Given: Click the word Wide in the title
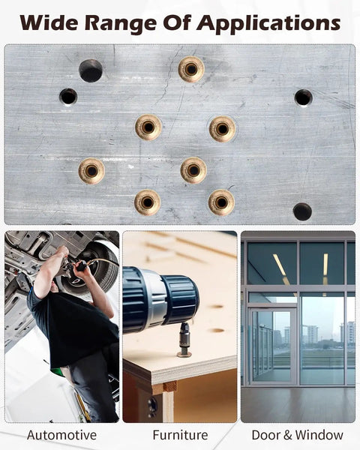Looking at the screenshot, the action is pos(48,22).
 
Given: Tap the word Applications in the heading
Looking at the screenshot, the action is pos(268,24).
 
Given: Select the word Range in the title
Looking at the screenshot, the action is pos(121,24).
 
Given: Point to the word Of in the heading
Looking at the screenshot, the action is pos(176,22).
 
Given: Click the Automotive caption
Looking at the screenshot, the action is pos(61,435).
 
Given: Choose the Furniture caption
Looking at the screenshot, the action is pos(180,435).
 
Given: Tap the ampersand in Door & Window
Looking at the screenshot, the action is pos(288,435).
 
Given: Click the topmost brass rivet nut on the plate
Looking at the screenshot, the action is pos(191,69).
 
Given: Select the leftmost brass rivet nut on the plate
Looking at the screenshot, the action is pos(91,171).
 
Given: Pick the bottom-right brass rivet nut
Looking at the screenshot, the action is pos(221,202).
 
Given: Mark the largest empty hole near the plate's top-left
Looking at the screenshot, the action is pos(91,70).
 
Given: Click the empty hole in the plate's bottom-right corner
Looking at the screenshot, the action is pos(302,211).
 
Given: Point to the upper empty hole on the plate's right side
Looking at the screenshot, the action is pos(304,97).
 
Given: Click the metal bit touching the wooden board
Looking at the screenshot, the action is pos(184,340).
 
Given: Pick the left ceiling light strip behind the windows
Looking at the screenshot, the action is pos(279,265).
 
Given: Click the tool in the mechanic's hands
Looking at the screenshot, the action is pos(75,266).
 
